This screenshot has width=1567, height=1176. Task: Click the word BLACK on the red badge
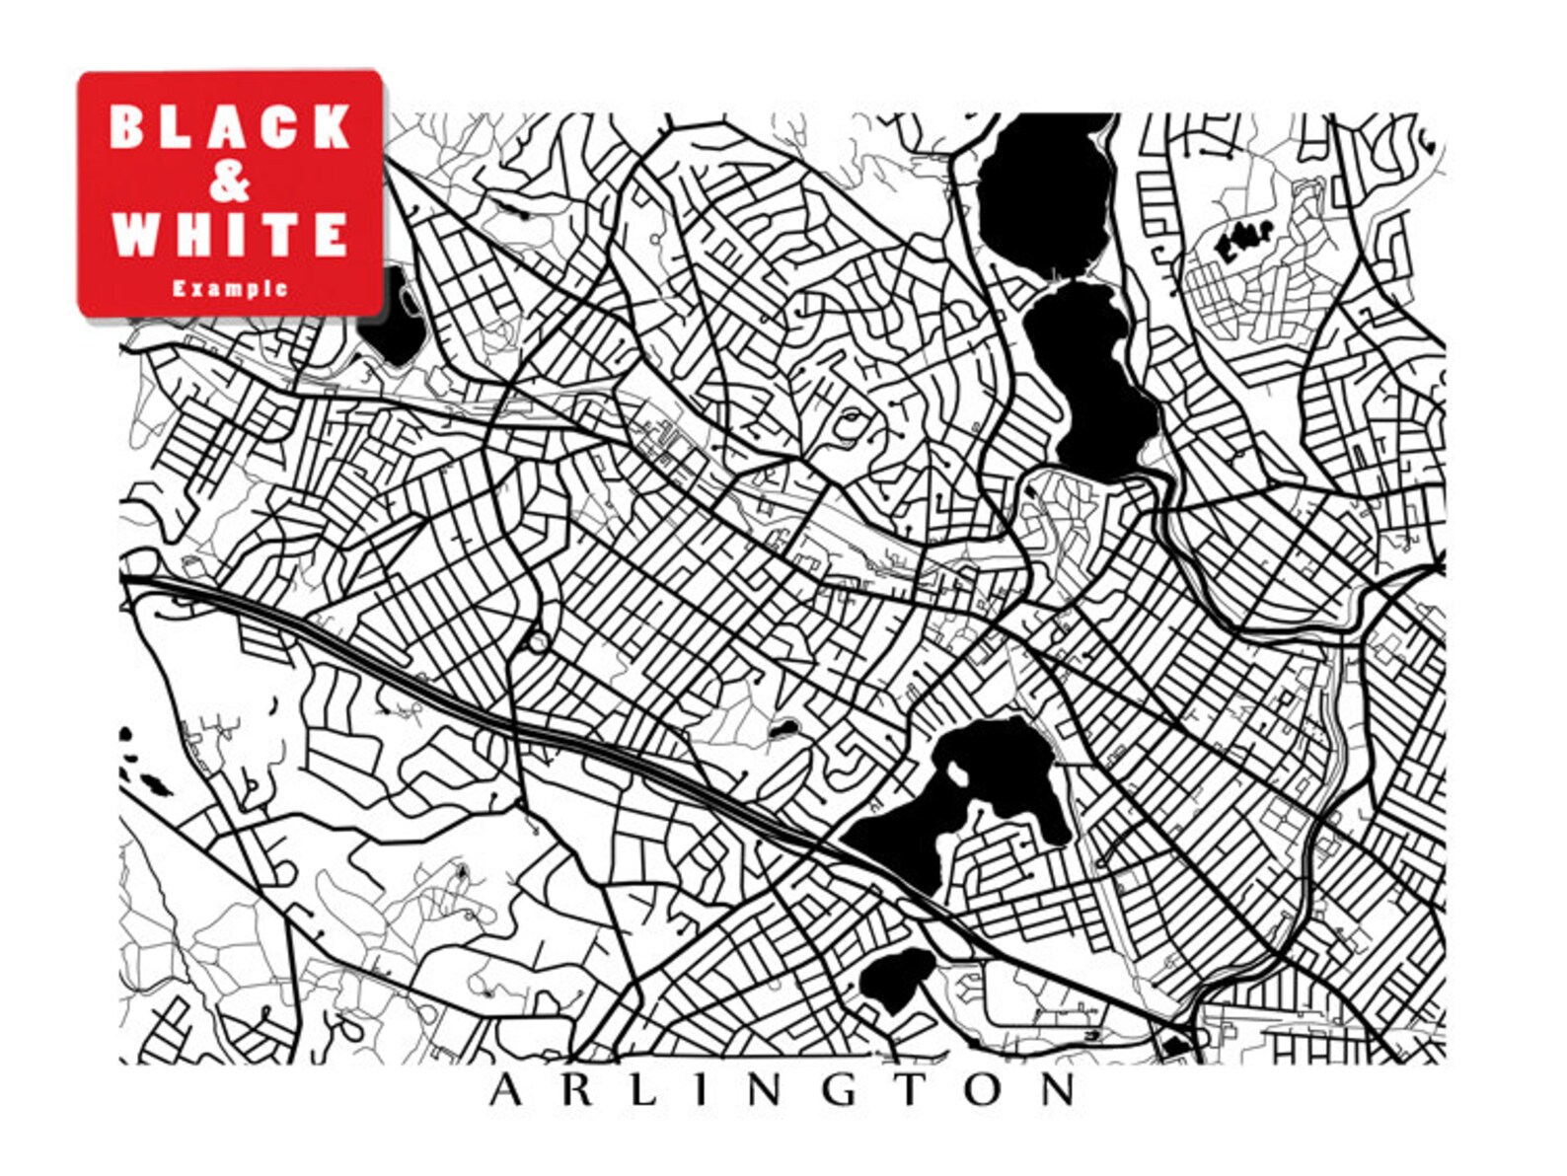[x=229, y=125]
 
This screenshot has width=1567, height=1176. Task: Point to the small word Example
[x=230, y=289]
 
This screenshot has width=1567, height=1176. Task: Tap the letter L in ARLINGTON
[x=641, y=1091]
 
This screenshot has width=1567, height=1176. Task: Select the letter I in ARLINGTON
[x=701, y=1091]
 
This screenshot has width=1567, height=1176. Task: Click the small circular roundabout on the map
[x=538, y=642]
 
